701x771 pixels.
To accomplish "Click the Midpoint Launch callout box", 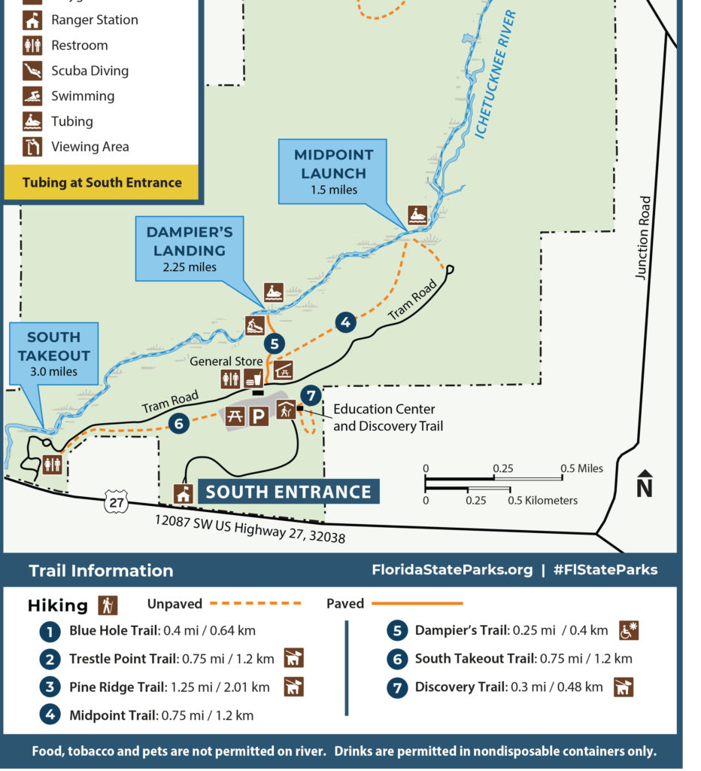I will coord(332,172).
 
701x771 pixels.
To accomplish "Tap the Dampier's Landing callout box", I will coord(190,248).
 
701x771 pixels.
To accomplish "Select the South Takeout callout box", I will coord(53,354).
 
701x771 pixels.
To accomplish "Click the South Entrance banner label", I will coord(288,492).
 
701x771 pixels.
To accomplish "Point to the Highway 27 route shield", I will coord(115,501).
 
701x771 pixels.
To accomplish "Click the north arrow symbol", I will coord(644,483).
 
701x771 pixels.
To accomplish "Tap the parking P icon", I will coord(258,416).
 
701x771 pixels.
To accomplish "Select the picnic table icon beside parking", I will coord(235,416).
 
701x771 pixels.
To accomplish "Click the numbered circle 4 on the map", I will coord(344,322).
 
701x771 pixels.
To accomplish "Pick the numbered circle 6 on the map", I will coord(178,424).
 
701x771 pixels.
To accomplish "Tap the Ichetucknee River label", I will coord(495,75).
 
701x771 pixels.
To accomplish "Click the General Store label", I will coord(226,361).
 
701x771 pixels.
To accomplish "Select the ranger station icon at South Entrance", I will coord(182,493).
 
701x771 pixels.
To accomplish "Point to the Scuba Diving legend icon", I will coord(32,71).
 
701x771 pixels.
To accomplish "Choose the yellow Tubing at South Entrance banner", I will coord(102,182).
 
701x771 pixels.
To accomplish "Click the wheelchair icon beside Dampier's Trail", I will coord(629,630).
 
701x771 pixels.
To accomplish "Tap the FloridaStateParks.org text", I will coord(452,570).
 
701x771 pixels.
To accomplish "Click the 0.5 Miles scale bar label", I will coord(581,468).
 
